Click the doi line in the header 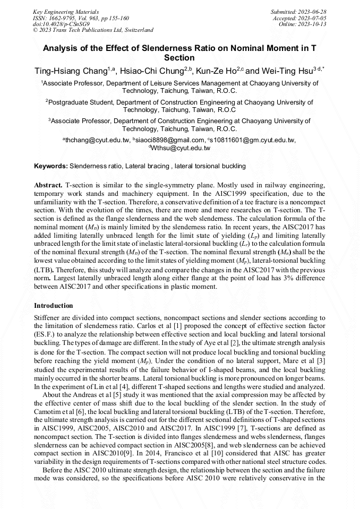(x=62, y=24)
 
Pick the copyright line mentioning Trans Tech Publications (x=93, y=30)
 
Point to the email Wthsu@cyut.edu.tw (x=181, y=148)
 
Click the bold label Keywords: (x=51, y=166)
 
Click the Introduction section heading (x=53, y=306)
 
